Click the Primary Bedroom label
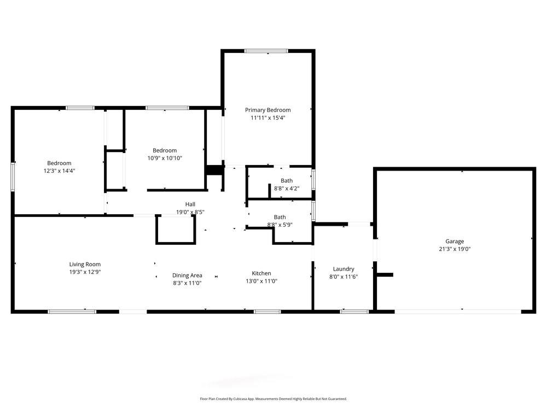pyautogui.click(x=267, y=110)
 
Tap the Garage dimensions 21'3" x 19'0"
pyautogui.click(x=454, y=249)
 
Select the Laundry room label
pyautogui.click(x=344, y=269)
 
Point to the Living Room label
pyautogui.click(x=85, y=264)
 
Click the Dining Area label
pyautogui.click(x=187, y=276)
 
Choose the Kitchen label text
pyautogui.click(x=261, y=273)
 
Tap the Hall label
pyautogui.click(x=190, y=204)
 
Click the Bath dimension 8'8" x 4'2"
pyautogui.click(x=287, y=188)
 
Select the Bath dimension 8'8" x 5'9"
pyautogui.click(x=279, y=225)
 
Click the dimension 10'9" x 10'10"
pyautogui.click(x=164, y=158)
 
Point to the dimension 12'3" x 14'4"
pyautogui.click(x=59, y=171)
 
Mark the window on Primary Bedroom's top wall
pyautogui.click(x=266, y=51)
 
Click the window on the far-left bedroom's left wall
pyautogui.click(x=13, y=176)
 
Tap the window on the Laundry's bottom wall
pyautogui.click(x=354, y=312)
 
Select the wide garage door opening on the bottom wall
pyautogui.click(x=457, y=312)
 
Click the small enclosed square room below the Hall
pyautogui.click(x=176, y=230)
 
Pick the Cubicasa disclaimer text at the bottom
pyautogui.click(x=273, y=399)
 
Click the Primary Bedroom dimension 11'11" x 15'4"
pyautogui.click(x=267, y=118)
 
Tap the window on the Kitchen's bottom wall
pyautogui.click(x=267, y=312)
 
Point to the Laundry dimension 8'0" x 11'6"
pyautogui.click(x=344, y=277)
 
